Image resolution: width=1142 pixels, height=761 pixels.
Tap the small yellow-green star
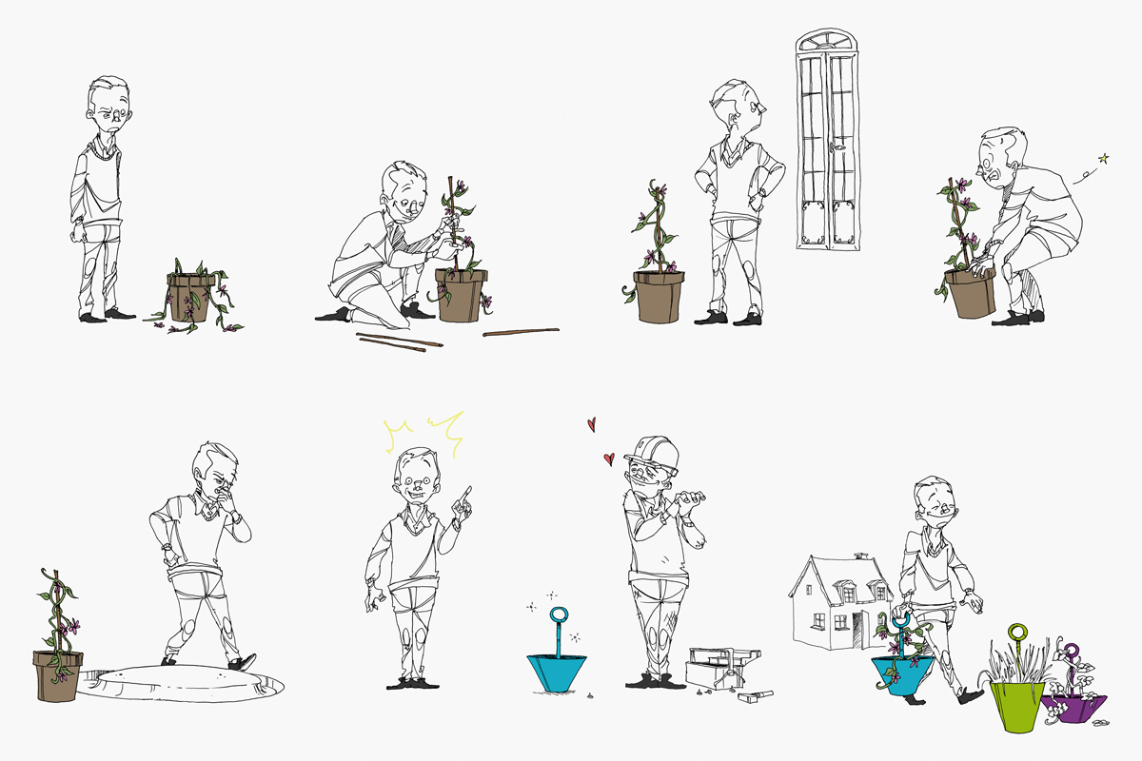[1104, 158]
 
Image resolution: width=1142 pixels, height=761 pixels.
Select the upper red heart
[591, 422]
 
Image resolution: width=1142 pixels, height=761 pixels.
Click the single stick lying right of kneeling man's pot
[521, 332]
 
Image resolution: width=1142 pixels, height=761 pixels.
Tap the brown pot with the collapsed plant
[188, 297]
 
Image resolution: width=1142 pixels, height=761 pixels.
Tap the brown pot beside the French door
[659, 296]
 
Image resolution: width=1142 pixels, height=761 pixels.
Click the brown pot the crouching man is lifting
[971, 292]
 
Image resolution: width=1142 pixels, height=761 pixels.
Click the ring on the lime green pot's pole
[1017, 632]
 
